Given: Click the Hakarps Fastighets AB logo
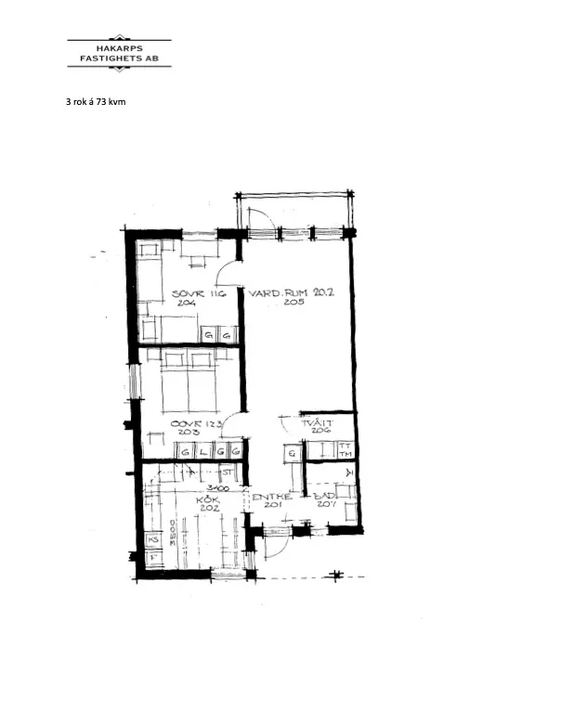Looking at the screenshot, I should point(120,54).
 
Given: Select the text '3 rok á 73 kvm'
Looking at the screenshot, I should point(96,101).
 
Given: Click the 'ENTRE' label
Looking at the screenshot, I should point(271,497).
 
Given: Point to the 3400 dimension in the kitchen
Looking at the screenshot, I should point(217,486).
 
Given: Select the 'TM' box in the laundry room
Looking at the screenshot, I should point(345,455).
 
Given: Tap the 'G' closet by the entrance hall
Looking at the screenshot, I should point(292,453).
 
